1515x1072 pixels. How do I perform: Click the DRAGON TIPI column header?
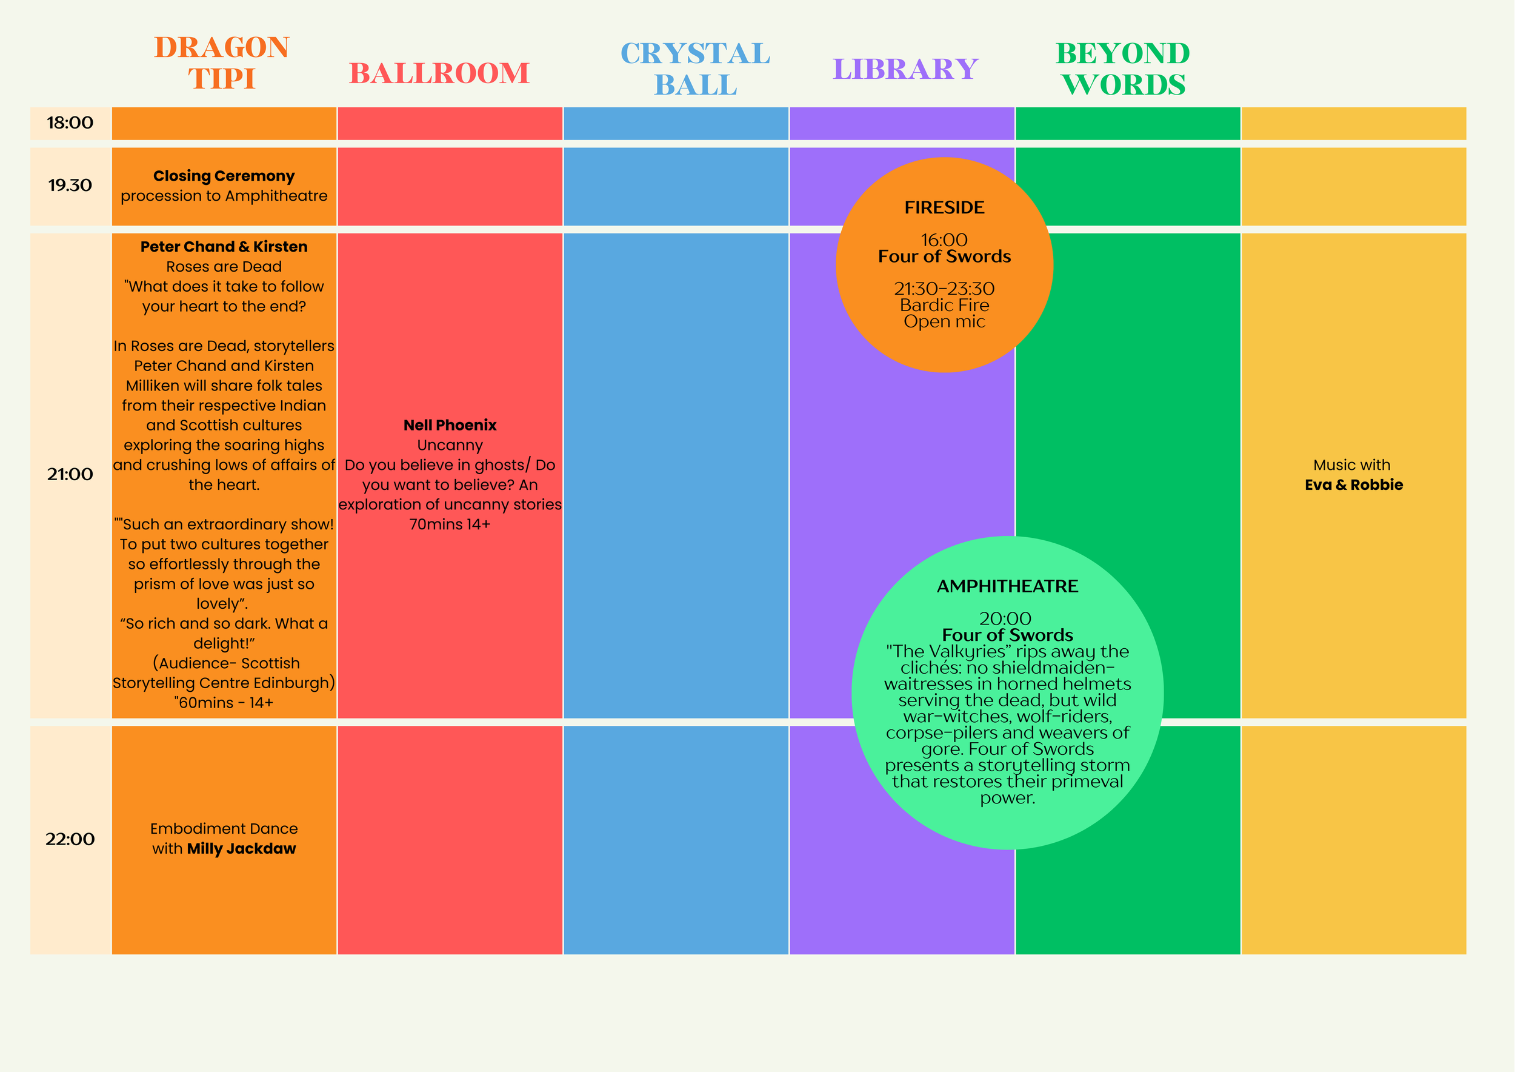(x=222, y=62)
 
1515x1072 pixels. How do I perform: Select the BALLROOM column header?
(x=439, y=73)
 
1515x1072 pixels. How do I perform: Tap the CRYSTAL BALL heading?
(x=696, y=69)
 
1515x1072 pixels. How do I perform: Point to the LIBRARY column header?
(x=905, y=69)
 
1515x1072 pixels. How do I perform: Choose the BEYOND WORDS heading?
(x=1123, y=69)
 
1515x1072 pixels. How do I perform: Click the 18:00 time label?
(x=70, y=122)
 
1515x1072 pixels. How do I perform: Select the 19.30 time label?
(x=70, y=186)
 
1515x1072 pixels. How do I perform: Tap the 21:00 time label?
(x=70, y=475)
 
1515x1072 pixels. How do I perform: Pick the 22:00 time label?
(x=70, y=840)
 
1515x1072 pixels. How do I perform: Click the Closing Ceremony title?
(x=224, y=176)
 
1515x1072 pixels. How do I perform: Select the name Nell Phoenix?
(x=450, y=425)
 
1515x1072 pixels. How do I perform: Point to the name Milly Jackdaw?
(x=242, y=849)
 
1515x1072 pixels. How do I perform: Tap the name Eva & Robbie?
(x=1353, y=485)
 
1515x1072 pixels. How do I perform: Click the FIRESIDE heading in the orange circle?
(x=944, y=208)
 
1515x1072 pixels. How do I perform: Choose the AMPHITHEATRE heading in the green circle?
(x=1008, y=586)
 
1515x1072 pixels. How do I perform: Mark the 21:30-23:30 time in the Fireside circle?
(x=944, y=289)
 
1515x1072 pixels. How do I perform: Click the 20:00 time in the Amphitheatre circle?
(x=1005, y=618)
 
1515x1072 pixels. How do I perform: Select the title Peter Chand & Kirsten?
(x=224, y=247)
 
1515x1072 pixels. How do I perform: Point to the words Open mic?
(x=944, y=322)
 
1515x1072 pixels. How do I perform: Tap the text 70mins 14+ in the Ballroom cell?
(x=450, y=524)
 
